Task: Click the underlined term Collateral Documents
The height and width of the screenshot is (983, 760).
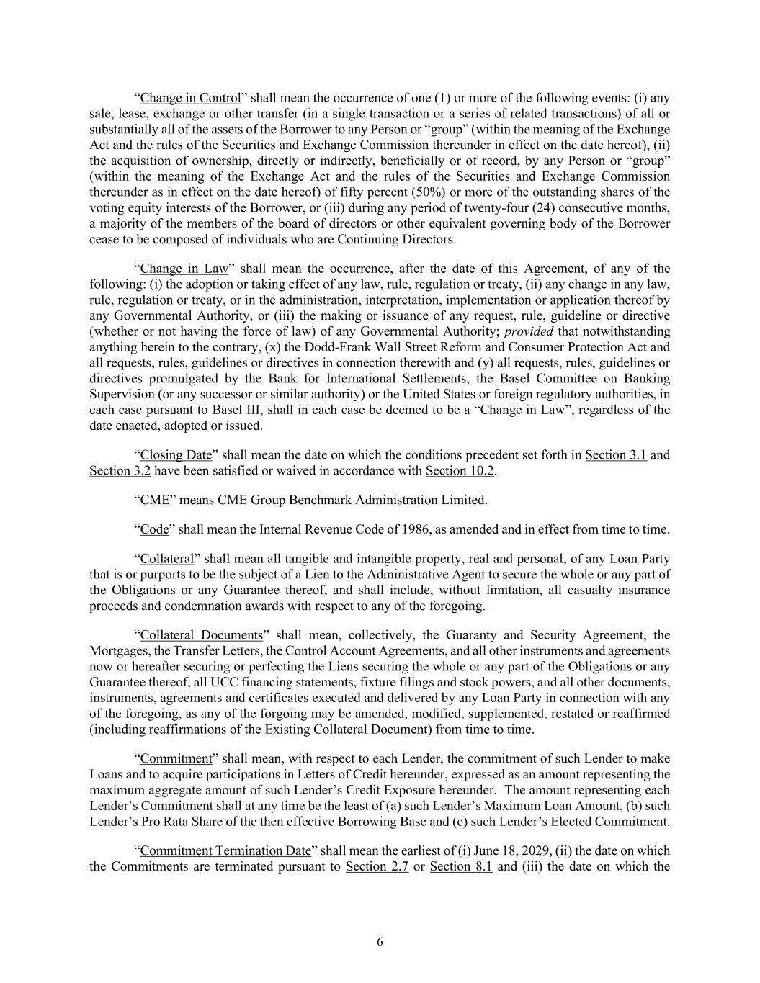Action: pos(201,635)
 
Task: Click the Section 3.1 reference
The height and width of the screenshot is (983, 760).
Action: pos(616,455)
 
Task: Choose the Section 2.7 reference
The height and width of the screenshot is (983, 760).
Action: pos(377,866)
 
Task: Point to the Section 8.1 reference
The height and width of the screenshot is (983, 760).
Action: pos(461,866)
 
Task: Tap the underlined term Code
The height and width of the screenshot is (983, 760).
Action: pos(154,529)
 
